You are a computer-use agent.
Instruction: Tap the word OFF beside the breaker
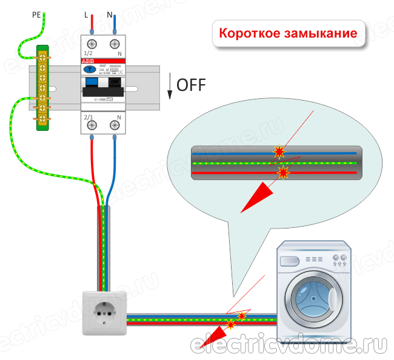tap(191, 85)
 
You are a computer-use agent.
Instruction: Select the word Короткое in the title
tap(249, 33)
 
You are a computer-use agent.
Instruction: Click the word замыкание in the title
tap(320, 33)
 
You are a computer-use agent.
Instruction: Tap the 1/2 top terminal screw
tap(93, 44)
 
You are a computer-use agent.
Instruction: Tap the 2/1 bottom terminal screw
tap(93, 125)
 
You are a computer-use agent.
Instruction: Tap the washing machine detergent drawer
tap(289, 260)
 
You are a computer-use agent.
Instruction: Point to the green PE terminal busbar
tap(44, 87)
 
